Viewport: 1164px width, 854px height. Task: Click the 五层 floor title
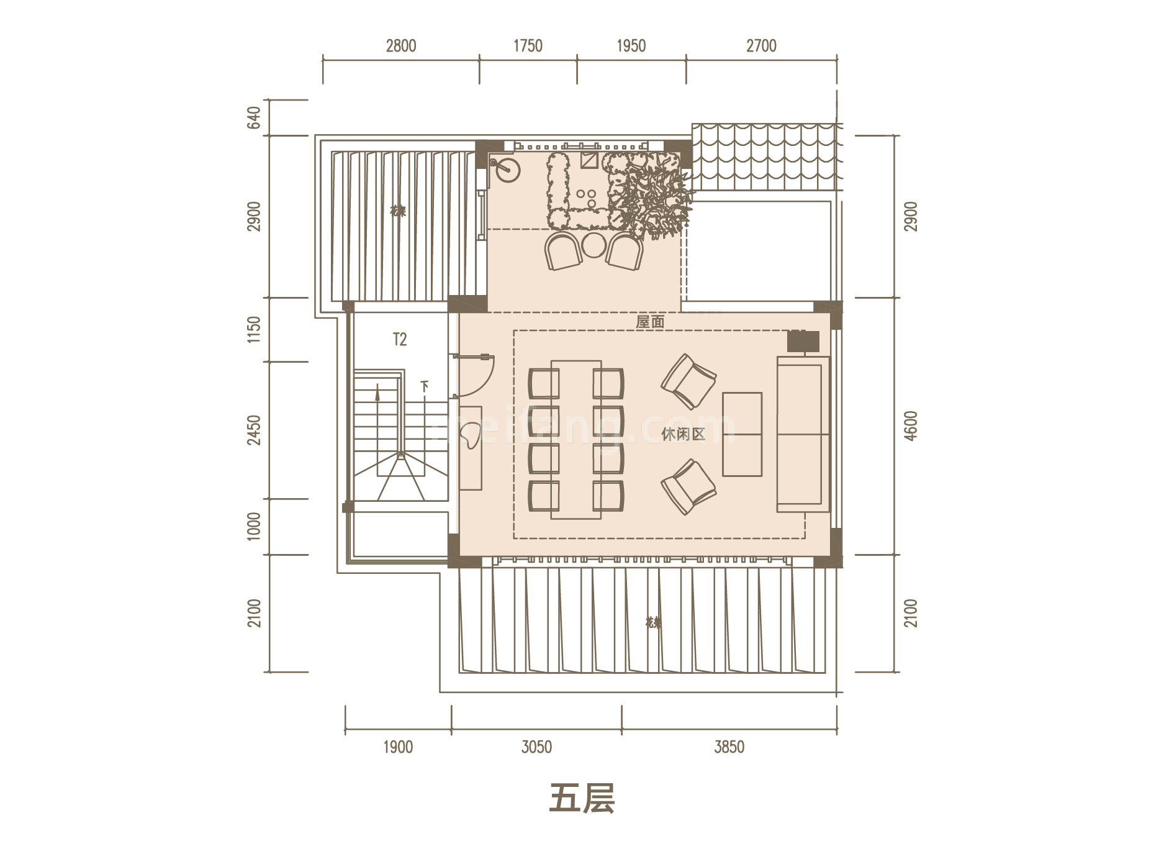click(582, 799)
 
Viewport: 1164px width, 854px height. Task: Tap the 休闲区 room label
click(683, 434)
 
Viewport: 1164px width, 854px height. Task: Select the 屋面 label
click(650, 322)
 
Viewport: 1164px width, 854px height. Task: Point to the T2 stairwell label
click(400, 340)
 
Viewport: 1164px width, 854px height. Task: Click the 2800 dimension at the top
click(401, 46)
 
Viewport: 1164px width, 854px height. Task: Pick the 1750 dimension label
click(528, 46)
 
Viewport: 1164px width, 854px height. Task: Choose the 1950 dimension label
click(631, 46)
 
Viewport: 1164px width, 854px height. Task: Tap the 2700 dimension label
click(761, 46)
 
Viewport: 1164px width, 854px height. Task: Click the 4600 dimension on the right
click(910, 426)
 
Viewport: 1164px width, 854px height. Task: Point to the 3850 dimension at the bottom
click(729, 747)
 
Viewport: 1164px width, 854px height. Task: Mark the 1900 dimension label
click(398, 747)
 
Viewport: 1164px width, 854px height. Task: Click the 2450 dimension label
click(254, 430)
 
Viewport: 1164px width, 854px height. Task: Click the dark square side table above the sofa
click(803, 341)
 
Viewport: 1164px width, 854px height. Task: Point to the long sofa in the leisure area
click(803, 434)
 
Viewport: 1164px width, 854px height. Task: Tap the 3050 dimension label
click(536, 747)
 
